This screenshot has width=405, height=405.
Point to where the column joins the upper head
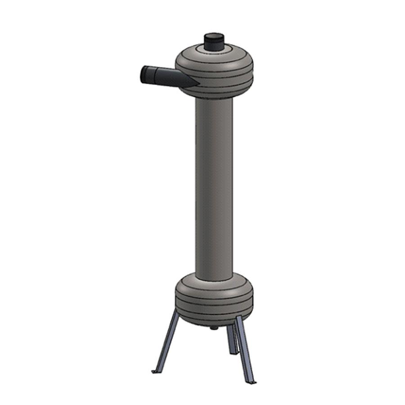coord(214,100)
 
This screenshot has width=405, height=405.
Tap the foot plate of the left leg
coord(155,371)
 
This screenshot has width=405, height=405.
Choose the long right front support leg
coord(245,349)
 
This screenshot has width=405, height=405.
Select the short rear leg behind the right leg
coord(231,338)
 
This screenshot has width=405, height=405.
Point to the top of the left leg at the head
coord(176,315)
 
